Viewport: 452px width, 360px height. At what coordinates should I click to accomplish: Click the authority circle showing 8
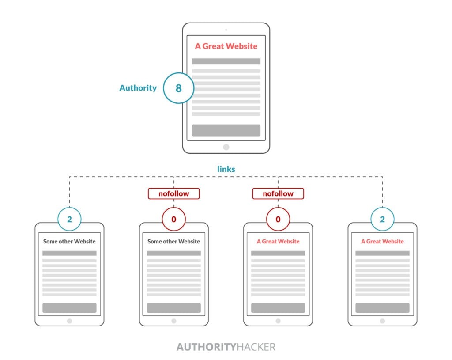click(x=178, y=88)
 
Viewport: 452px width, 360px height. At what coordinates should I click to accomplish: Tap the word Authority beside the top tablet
click(x=138, y=88)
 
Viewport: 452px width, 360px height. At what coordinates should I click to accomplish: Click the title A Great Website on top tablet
click(x=226, y=46)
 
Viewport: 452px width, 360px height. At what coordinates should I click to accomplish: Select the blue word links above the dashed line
click(x=226, y=169)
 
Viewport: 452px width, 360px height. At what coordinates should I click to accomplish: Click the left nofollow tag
click(x=173, y=193)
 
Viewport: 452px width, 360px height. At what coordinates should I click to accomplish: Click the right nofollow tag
click(x=278, y=193)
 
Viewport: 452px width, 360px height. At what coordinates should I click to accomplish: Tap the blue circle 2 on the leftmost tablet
click(x=69, y=219)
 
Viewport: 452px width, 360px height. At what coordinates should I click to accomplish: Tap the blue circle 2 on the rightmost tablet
click(x=382, y=219)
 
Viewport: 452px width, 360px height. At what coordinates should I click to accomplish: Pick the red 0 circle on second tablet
click(x=173, y=219)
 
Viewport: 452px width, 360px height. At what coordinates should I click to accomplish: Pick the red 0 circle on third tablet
click(x=278, y=219)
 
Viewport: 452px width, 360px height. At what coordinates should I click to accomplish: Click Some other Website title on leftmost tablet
click(x=69, y=242)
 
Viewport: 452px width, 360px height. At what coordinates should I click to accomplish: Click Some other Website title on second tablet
click(x=173, y=242)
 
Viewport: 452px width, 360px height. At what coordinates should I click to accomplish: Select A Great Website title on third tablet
click(x=278, y=242)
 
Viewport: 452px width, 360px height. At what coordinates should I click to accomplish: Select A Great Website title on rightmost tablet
click(x=382, y=242)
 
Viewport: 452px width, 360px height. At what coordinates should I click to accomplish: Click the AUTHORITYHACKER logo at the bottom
click(x=226, y=347)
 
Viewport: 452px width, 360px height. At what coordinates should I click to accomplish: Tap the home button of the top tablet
click(x=226, y=147)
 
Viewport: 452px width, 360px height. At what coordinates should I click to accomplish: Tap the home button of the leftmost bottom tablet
click(x=69, y=321)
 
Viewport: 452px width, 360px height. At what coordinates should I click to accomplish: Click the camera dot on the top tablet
click(x=226, y=30)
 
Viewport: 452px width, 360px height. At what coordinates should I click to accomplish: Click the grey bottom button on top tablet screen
click(x=226, y=130)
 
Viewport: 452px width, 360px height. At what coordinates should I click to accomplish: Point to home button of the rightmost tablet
click(x=382, y=321)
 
